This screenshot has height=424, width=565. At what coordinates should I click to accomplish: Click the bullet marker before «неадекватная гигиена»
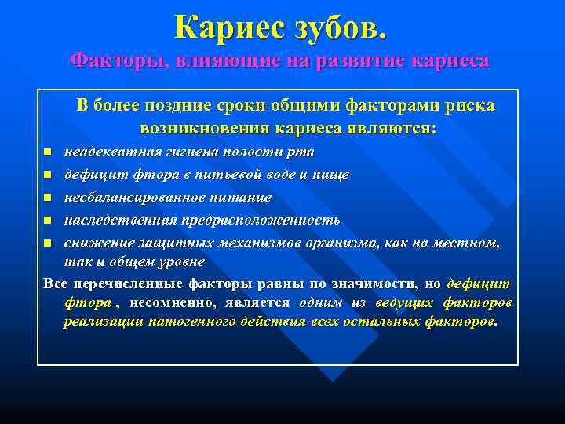point(48,151)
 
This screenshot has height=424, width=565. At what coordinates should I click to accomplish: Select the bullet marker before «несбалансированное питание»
point(48,197)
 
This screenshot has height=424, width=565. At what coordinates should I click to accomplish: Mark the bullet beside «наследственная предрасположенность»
point(48,220)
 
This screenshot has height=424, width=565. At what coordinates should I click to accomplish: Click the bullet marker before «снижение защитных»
point(48,243)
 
